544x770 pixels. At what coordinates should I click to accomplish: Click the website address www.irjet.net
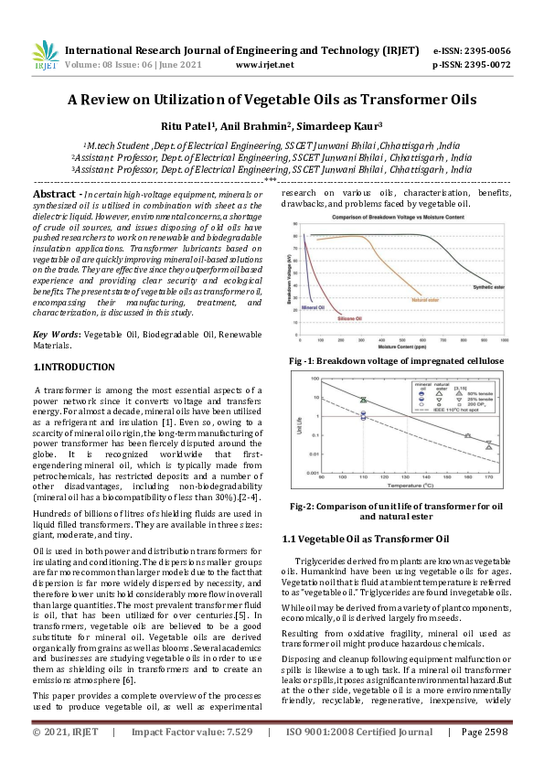point(264,65)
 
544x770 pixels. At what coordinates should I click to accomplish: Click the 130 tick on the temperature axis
point(407,476)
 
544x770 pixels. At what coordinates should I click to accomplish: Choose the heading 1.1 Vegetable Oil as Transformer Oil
point(366,539)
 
